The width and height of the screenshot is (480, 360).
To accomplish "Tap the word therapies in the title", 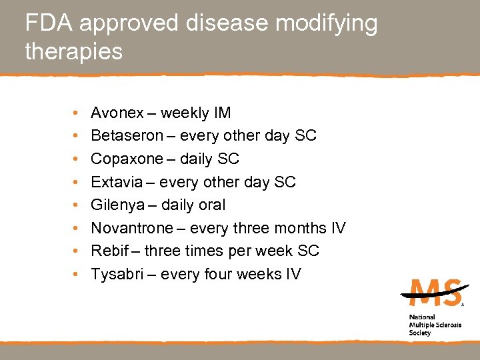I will tap(74, 51).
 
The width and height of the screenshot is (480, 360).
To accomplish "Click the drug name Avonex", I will tap(117, 113).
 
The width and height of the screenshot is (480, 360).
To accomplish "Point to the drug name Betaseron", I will tap(127, 136).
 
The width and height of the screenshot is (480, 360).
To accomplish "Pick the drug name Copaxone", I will tap(127, 159).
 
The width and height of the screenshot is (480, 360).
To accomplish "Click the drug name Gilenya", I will tap(118, 205).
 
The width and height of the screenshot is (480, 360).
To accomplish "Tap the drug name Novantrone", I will tap(131, 228).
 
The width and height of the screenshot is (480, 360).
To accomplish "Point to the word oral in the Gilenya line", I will tap(212, 205).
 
